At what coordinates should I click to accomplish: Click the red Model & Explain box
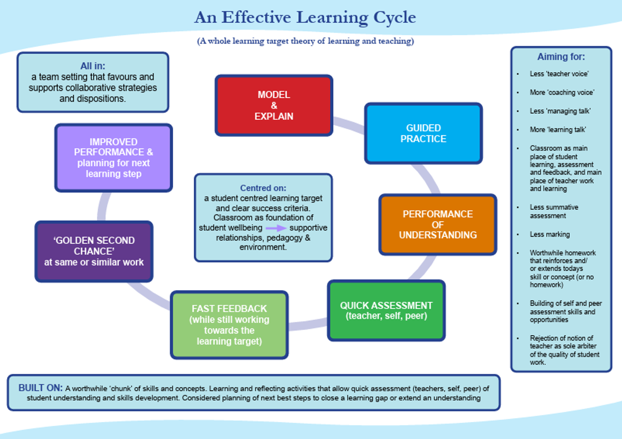[x=274, y=105]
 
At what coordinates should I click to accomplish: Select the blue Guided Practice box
[x=423, y=133]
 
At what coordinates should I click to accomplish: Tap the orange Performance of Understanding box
[x=437, y=224]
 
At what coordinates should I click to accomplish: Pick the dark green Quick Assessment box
[x=386, y=310]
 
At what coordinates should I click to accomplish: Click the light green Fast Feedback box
[x=229, y=325]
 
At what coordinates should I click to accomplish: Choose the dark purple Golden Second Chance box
[x=94, y=251]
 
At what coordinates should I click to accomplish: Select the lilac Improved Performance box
[x=114, y=157]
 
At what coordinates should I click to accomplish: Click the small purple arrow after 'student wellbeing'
[x=276, y=228]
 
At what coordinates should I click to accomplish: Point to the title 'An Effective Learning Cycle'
[x=305, y=18]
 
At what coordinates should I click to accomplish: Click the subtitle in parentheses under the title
[x=305, y=42]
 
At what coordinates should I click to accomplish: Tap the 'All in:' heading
[x=93, y=66]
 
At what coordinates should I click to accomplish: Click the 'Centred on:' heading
[x=263, y=188]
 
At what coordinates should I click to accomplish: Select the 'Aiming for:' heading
[x=561, y=57]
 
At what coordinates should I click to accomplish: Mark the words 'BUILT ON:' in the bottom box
[x=40, y=388]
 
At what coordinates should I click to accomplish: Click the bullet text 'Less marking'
[x=549, y=235]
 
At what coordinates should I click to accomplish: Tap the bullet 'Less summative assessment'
[x=554, y=211]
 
